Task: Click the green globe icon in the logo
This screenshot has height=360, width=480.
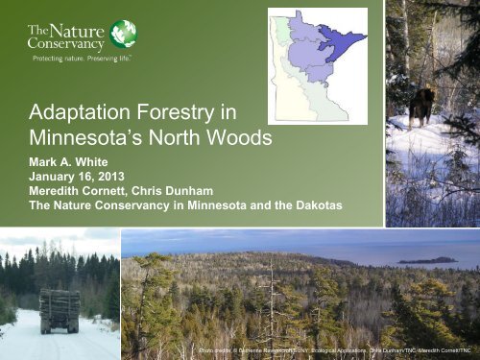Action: [123, 34]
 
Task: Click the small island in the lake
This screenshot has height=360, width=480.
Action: [428, 259]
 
